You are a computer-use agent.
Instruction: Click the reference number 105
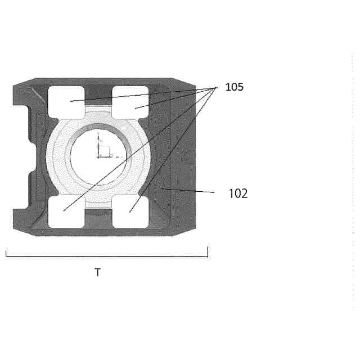234,87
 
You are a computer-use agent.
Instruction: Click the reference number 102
238,193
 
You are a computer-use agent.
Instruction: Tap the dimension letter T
98,272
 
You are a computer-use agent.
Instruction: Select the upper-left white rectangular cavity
66,102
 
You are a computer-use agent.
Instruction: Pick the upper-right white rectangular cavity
130,102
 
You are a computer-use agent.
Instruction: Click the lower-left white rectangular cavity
66,211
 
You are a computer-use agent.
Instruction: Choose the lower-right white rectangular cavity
130,211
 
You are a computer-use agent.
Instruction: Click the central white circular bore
98,156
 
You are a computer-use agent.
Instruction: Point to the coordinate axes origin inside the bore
98,157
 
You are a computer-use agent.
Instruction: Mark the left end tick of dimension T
6,253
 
